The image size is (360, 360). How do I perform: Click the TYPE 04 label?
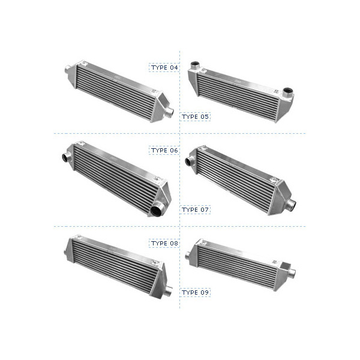164,67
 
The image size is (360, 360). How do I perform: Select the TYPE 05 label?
196,116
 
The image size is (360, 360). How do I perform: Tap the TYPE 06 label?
164,150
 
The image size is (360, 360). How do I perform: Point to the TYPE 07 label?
196,209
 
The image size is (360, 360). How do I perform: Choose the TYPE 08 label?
164,243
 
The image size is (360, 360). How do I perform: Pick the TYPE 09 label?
196,292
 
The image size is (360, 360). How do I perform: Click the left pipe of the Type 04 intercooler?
68,71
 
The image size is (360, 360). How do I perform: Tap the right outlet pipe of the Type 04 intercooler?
170,112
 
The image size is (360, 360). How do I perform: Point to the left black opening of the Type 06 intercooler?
65,158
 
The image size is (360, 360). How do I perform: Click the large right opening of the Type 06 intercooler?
158,209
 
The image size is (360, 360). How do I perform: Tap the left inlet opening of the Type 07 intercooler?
190,161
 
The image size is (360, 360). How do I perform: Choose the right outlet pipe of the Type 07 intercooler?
292,205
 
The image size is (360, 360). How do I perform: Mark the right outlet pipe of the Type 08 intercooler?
169,291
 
